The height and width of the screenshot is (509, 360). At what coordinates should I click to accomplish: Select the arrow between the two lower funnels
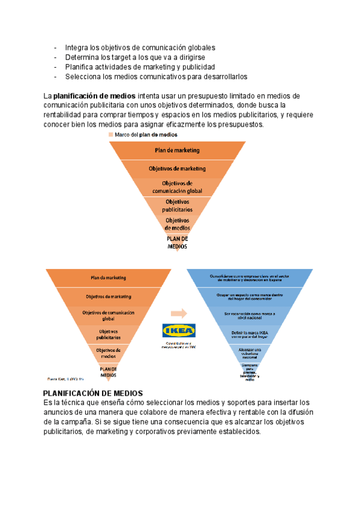[179, 313]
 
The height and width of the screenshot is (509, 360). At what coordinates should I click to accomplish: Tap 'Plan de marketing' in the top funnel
[177, 150]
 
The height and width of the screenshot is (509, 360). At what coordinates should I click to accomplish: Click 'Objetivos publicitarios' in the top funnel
[177, 206]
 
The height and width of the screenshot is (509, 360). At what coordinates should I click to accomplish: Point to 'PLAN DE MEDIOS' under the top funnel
[177, 242]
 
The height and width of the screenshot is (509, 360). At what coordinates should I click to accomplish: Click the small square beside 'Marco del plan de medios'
[110, 135]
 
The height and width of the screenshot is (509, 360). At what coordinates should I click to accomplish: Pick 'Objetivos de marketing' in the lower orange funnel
[109, 297]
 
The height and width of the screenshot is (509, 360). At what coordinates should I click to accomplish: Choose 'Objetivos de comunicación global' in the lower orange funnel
[109, 316]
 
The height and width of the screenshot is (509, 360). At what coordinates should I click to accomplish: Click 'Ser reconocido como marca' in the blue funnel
[250, 314]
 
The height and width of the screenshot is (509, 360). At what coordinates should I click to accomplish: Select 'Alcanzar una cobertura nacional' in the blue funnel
[250, 353]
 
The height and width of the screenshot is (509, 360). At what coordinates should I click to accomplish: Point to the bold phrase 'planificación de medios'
[95, 96]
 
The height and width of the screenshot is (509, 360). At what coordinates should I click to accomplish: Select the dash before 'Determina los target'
[56, 57]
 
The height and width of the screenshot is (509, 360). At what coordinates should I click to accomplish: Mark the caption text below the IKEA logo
[179, 345]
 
